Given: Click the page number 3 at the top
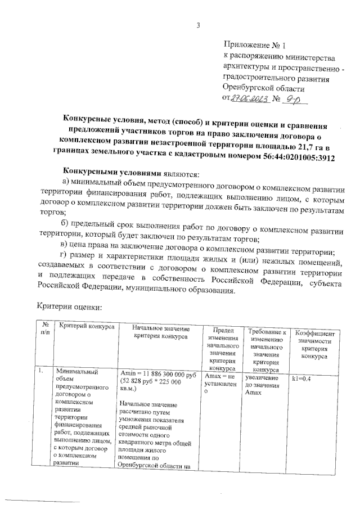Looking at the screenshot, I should tap(199, 24).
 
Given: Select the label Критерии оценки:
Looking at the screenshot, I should tap(69, 308).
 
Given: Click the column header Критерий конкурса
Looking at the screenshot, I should tap(87, 326).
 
